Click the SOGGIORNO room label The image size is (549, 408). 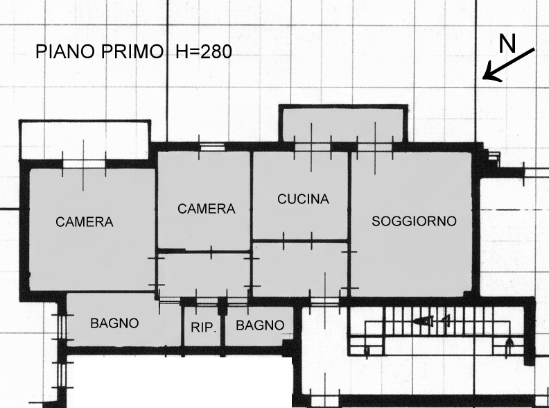click(414, 222)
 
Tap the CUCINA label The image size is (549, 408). click(303, 200)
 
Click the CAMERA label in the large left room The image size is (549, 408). click(85, 223)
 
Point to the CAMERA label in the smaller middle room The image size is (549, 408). click(207, 209)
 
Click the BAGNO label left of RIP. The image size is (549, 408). click(114, 323)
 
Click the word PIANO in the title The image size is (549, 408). click(63, 51)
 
